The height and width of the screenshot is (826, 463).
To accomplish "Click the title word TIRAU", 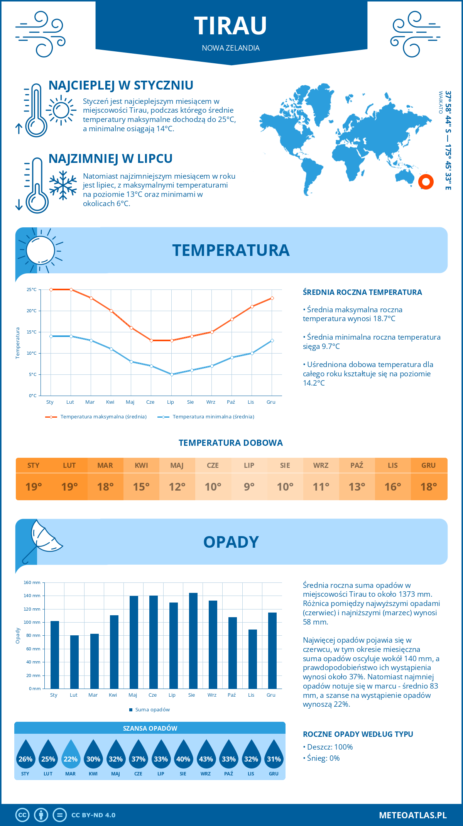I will (230, 26).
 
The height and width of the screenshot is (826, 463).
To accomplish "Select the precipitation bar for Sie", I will (193, 641).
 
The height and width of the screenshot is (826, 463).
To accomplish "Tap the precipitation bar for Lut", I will (74, 662).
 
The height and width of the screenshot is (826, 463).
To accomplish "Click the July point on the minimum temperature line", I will (172, 374).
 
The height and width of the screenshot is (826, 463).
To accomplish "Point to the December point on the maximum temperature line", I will (272, 298).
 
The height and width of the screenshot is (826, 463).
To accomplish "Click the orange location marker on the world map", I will (426, 182).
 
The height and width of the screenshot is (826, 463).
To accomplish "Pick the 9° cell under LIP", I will (249, 487).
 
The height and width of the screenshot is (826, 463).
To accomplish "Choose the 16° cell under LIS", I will (393, 487).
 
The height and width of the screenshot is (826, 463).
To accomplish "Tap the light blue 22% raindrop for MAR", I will (71, 754).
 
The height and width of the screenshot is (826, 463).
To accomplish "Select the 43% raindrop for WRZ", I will (206, 754).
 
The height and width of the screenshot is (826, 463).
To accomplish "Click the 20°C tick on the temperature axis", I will (32, 311).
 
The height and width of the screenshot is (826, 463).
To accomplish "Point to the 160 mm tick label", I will (32, 582).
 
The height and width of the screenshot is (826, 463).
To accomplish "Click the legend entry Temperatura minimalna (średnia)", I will (213, 417).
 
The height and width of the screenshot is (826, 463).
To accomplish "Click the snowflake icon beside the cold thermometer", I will (63, 185).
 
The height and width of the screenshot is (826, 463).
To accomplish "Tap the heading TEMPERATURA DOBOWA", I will (231, 443).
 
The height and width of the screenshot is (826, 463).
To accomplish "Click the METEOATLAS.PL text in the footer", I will (412, 815).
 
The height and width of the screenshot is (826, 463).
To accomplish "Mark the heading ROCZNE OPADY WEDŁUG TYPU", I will (358, 734).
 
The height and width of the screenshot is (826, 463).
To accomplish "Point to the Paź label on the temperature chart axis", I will (231, 402).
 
